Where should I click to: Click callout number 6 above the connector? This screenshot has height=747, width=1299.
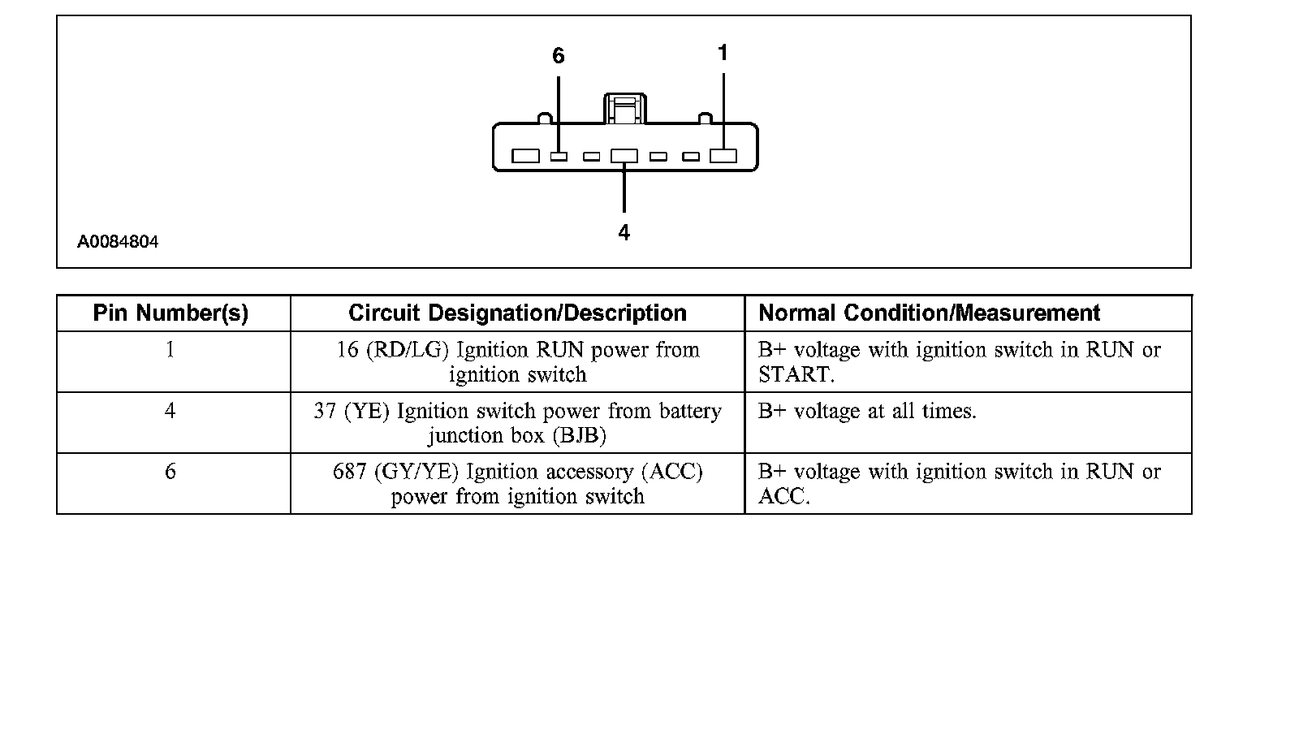tap(558, 56)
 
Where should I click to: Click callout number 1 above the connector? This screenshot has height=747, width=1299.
tap(723, 54)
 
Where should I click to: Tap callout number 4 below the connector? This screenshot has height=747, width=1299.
tap(624, 233)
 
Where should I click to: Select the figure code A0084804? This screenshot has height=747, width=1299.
tap(118, 242)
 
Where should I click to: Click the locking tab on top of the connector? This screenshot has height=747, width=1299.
tap(624, 109)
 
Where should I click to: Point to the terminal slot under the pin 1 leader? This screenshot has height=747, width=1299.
tap(723, 156)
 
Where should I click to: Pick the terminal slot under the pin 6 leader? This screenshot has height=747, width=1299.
tap(559, 156)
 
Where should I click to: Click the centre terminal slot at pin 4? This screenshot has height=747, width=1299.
tap(624, 156)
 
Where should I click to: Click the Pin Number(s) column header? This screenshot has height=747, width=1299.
tap(170, 313)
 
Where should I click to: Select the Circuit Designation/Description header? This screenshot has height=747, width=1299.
tap(517, 313)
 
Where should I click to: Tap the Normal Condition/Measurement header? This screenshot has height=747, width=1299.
tap(929, 313)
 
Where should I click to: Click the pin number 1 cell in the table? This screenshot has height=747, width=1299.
tap(170, 350)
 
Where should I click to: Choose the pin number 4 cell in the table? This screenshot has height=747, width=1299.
tap(170, 411)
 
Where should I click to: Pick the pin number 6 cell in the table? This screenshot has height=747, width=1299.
tap(170, 472)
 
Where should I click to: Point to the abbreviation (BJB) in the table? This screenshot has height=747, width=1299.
tap(579, 436)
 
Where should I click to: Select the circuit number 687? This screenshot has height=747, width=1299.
tap(350, 472)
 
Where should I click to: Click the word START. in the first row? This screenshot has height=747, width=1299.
tap(796, 375)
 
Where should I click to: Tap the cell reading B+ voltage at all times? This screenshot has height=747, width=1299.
tap(867, 412)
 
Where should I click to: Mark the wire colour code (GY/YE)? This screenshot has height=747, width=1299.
tap(416, 472)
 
